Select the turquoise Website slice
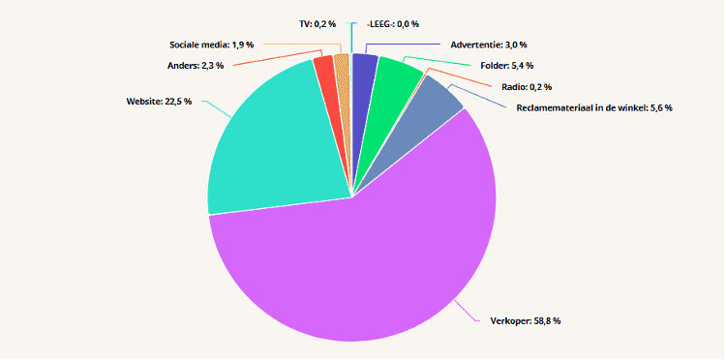click(273, 148)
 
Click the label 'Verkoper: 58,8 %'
click(525, 320)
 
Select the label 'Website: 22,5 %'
click(159, 102)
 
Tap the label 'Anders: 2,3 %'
click(195, 65)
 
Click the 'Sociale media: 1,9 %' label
click(211, 45)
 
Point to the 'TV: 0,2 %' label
click(318, 24)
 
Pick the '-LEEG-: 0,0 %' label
click(392, 24)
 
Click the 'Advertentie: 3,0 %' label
click(489, 45)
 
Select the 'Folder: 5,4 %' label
click(507, 66)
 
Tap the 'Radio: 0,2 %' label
click(527, 86)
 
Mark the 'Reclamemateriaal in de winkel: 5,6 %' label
click(594, 107)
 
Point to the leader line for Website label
click(217, 108)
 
